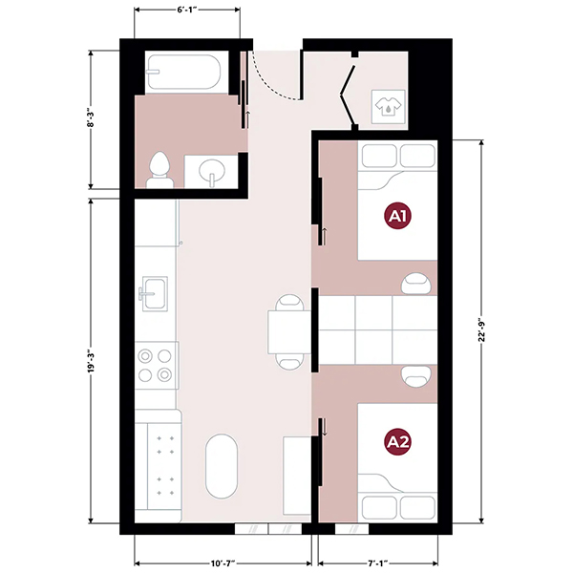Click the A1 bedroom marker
click(397, 216)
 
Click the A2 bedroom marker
click(397, 442)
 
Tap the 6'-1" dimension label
click(187, 10)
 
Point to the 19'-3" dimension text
click(91, 362)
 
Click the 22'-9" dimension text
click(481, 330)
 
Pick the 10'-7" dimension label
click(223, 563)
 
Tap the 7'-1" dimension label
click(378, 563)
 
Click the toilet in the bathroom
click(159, 170)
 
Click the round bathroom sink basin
click(212, 171)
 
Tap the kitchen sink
click(155, 294)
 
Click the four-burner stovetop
click(157, 365)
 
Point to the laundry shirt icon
click(388, 106)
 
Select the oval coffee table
click(222, 466)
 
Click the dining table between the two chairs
click(289, 331)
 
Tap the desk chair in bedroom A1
click(415, 284)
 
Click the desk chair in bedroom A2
click(415, 376)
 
